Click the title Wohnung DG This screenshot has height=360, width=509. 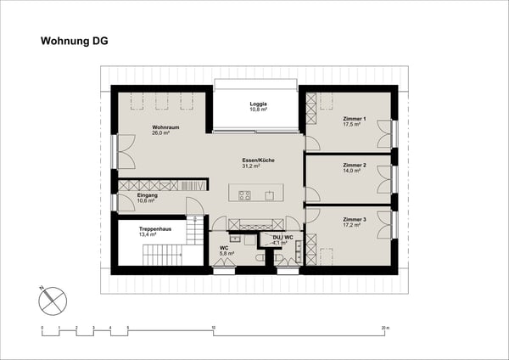(75, 40)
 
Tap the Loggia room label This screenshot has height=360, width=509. (258, 104)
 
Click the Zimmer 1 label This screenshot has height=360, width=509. (354, 119)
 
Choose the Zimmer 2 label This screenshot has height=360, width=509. (354, 166)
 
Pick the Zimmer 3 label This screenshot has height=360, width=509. (354, 219)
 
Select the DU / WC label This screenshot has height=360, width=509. (282, 237)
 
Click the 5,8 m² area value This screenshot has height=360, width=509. (227, 254)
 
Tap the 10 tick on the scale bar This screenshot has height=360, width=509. (214, 326)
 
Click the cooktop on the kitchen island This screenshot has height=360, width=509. (245, 195)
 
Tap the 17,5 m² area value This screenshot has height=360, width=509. (352, 125)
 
